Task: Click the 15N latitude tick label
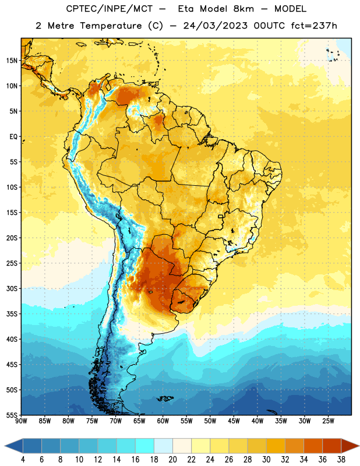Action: point(12,61)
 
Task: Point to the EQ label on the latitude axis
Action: point(13,137)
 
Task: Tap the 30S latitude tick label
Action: point(12,288)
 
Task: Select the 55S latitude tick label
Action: point(12,415)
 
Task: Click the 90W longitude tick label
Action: point(21,421)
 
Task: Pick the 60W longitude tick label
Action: point(163,421)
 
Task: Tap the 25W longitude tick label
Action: point(328,421)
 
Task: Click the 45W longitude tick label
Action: point(234,421)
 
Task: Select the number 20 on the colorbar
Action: point(172,460)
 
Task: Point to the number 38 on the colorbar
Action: point(341,460)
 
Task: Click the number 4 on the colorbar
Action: point(23,460)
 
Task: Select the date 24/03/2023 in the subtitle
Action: point(215,26)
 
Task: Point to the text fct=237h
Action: point(314,26)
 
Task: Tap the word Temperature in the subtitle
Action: point(111,26)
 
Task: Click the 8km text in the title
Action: point(243,9)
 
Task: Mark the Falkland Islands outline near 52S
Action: point(165,398)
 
